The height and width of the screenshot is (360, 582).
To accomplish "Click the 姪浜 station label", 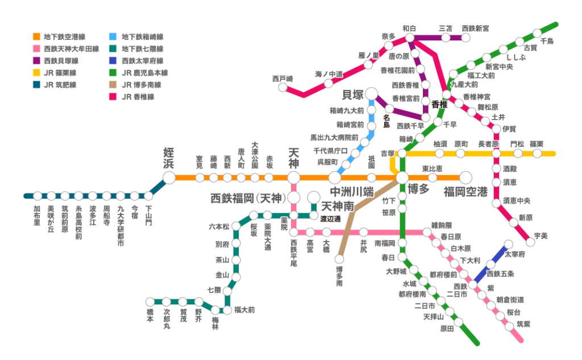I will tap(169, 158).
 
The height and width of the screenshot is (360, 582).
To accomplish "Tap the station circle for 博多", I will tap(402, 177).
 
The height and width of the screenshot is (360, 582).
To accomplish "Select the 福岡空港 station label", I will tap(466, 191).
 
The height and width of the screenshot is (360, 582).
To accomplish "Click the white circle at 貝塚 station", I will tap(372, 93).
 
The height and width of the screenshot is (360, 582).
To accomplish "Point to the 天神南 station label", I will tap(339, 205).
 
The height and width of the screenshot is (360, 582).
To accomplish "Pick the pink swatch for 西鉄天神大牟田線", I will tap(36, 49).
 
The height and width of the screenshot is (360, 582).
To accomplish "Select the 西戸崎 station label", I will tap(282, 78).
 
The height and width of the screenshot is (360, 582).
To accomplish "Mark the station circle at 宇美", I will tap(530, 242).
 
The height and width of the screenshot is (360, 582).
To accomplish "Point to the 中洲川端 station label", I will tap(352, 191).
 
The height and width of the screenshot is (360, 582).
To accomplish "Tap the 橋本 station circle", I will tap(149, 301).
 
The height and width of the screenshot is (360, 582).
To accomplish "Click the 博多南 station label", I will tap(339, 276).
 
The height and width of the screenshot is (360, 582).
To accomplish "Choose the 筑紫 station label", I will tap(523, 324).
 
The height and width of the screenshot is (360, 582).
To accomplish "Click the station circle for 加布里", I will tap(38, 196).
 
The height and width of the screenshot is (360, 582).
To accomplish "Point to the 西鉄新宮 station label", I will tap(476, 28).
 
